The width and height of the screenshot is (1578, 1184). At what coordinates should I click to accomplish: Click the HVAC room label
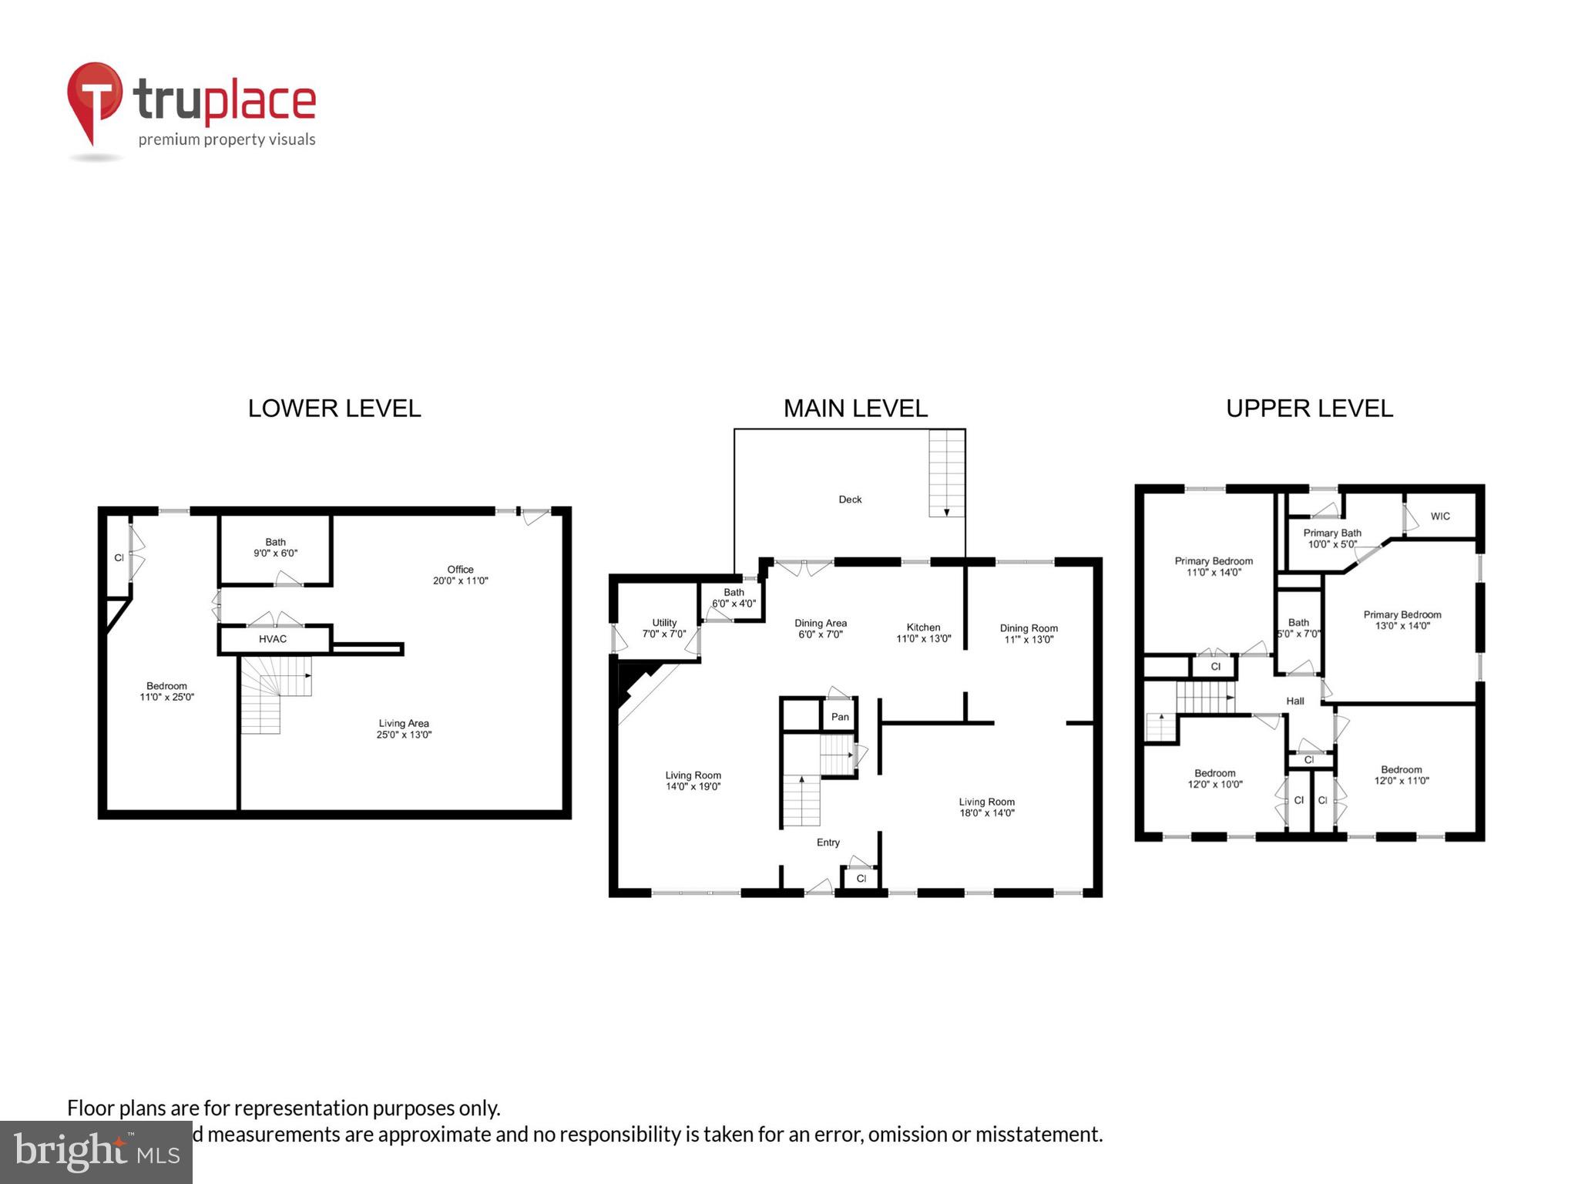[x=273, y=639]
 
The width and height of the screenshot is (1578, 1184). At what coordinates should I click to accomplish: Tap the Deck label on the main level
[x=850, y=499]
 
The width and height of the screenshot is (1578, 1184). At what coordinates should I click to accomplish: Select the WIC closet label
[x=1440, y=516]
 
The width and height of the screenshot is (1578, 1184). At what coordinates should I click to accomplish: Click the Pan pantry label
[x=840, y=717]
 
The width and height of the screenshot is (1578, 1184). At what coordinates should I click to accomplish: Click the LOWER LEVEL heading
[x=334, y=409]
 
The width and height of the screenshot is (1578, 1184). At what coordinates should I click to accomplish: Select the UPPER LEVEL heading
[x=1309, y=409]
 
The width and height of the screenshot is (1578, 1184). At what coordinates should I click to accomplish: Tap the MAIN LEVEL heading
[x=855, y=409]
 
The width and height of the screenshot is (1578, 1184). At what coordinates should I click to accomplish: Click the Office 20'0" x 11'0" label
[x=460, y=575]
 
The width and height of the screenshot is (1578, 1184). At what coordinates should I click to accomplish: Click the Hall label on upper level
[x=1295, y=701]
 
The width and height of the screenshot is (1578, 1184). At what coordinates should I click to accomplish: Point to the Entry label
[x=828, y=843]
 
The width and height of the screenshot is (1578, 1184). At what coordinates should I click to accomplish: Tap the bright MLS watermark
[x=96, y=1152]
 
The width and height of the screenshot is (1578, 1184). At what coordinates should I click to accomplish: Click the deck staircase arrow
[x=947, y=511]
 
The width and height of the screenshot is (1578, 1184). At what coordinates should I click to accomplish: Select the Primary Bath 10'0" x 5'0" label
[x=1332, y=538]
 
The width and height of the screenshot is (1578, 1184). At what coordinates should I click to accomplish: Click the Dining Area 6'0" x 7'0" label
[x=821, y=628]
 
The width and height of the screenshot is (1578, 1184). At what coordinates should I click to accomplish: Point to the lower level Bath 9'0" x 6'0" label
[x=275, y=547]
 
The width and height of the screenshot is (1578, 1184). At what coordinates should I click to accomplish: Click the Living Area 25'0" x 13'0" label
[x=404, y=728]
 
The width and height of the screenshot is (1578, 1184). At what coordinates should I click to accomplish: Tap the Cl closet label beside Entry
[x=861, y=879]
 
